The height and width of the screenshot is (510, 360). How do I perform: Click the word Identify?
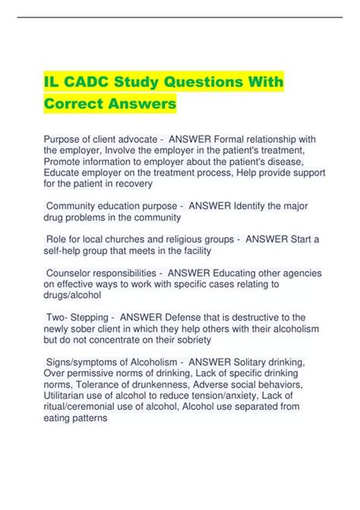238,205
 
